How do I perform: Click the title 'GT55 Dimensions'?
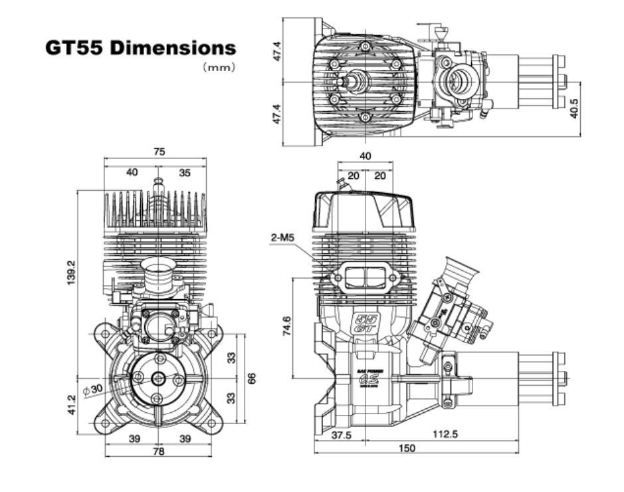[x=140, y=49]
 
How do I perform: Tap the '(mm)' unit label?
[x=219, y=67]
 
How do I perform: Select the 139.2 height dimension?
[x=72, y=273]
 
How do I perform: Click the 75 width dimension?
[x=158, y=152]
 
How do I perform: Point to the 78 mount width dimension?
[x=157, y=451]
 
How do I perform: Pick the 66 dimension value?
[x=252, y=378]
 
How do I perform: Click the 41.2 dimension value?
[x=72, y=404]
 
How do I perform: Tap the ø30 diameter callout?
[x=93, y=388]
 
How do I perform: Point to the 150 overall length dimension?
[x=407, y=449]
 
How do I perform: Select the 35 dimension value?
[x=185, y=172]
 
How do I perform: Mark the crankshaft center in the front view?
[x=157, y=378]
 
